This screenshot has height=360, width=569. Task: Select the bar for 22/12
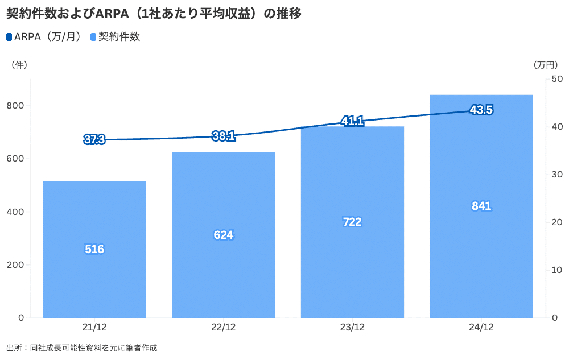(224, 273)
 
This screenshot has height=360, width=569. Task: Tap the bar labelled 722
(352, 267)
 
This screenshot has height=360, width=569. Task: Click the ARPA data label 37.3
(94, 139)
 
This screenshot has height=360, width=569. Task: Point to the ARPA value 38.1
(224, 136)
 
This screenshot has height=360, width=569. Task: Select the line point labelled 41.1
(352, 121)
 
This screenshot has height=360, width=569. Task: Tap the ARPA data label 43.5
(481, 110)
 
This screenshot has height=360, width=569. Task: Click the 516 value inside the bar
(94, 249)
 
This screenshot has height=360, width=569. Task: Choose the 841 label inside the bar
(481, 206)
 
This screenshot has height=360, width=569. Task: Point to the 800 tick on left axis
(16, 106)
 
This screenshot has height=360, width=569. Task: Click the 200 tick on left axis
(16, 265)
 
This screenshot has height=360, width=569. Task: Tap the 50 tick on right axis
(557, 78)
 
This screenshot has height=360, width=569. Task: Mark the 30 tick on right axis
(557, 174)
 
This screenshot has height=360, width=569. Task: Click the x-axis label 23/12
(352, 328)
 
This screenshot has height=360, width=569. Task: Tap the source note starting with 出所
(81, 347)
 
